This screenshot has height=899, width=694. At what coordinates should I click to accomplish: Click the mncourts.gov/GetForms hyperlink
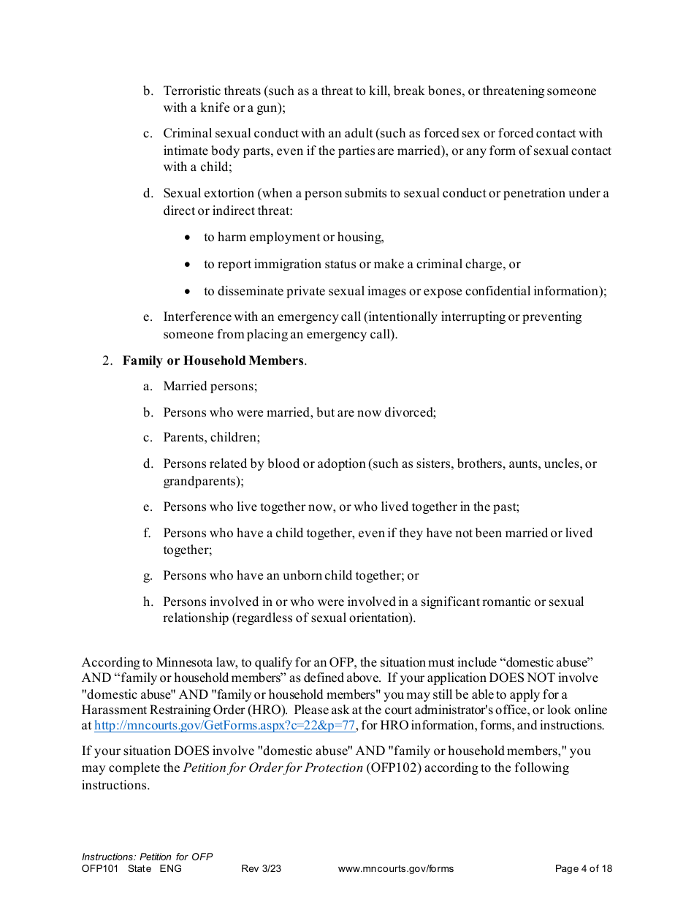coord(225,726)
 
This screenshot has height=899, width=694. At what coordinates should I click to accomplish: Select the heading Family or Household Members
coord(213,360)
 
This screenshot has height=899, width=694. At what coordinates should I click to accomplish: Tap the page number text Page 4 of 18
coord(583,869)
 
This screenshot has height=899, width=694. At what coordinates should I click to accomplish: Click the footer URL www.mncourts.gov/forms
coord(395,869)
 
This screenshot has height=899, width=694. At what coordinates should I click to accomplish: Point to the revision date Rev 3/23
coord(261,869)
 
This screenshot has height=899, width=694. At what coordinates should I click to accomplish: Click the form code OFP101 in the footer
coord(99,869)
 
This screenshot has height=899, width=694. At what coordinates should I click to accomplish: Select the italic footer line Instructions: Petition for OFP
coord(147,857)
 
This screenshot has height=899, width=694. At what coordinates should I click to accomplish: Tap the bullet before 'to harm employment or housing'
coord(188,238)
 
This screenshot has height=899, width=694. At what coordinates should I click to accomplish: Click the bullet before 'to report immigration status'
coord(188,265)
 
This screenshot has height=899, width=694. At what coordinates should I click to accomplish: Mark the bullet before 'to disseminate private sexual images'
coord(188,292)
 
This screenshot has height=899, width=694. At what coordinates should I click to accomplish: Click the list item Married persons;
coord(210,386)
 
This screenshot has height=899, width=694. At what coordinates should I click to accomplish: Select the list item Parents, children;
coord(211,437)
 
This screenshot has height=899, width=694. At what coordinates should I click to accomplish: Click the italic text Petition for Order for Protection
coord(272,767)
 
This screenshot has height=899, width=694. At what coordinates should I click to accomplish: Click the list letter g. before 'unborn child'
coord(148,575)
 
